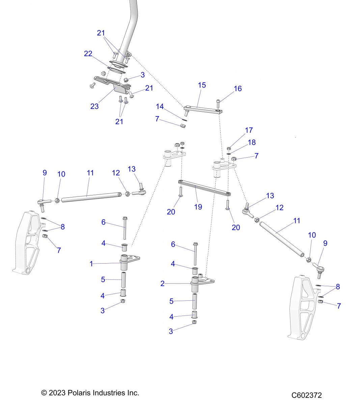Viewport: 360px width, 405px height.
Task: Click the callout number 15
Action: coord(202,85)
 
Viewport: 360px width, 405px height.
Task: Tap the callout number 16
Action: coord(238,88)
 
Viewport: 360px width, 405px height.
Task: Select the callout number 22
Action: coord(88,54)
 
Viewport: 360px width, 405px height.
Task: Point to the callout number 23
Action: coord(94,106)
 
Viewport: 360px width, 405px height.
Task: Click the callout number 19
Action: coord(198,207)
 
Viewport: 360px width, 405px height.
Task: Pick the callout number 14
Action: coord(160,107)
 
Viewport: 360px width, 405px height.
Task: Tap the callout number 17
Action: coord(249,130)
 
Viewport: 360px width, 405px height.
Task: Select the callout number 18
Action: coord(252,142)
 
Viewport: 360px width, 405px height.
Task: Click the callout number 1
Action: coord(91,264)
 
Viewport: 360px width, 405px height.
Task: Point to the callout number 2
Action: coord(162,284)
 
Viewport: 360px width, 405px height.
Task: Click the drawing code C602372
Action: coord(307,395)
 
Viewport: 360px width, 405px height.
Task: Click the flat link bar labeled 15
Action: coord(202,109)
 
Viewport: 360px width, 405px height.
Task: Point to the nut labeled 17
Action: coord(229,148)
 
